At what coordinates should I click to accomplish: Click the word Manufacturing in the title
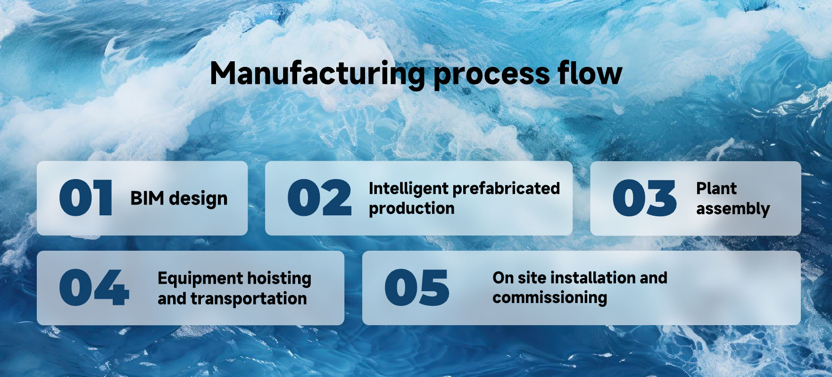317,74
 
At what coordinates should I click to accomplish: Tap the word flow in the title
590,73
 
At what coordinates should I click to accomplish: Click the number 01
86,198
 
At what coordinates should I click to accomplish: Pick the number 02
319,198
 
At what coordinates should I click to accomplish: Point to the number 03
644,198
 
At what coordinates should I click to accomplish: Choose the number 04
94,287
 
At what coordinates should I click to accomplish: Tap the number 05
416,287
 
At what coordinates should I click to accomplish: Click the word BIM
147,198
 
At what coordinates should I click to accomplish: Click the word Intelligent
408,189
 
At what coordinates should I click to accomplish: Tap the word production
412,209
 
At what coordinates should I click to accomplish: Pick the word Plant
716,188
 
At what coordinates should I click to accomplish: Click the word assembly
733,209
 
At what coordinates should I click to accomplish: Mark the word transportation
249,299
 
